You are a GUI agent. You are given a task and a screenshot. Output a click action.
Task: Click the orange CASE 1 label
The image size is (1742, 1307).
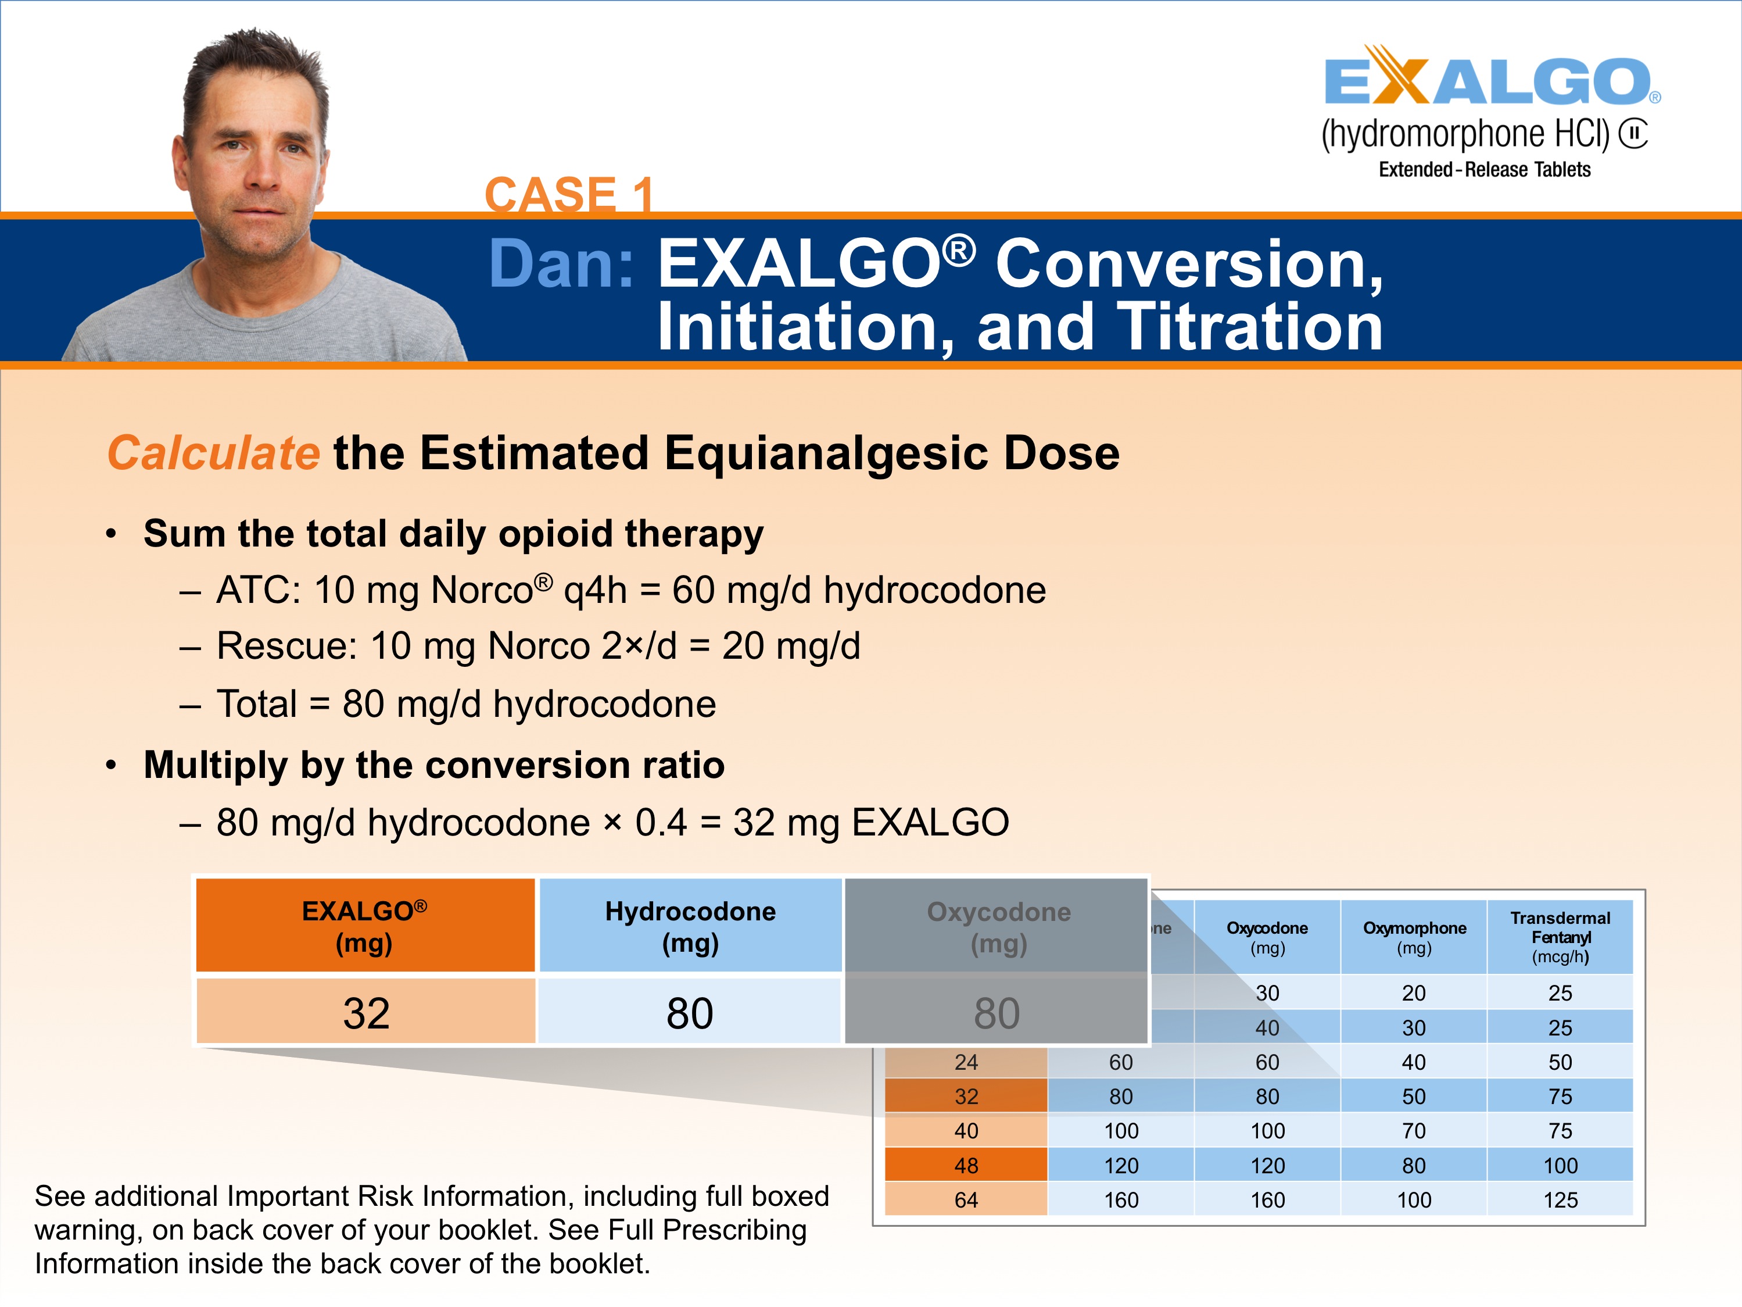click(569, 195)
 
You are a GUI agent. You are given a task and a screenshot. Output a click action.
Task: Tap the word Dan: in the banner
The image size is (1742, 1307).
click(561, 264)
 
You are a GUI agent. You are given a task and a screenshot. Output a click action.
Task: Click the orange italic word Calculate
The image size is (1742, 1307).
click(213, 453)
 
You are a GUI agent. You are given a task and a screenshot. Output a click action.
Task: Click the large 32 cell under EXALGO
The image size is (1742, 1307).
click(366, 1013)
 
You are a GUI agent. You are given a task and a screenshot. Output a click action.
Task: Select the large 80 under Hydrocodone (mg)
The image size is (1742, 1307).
click(690, 1013)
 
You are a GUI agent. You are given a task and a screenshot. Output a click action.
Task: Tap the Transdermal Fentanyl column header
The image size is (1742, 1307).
click(1560, 937)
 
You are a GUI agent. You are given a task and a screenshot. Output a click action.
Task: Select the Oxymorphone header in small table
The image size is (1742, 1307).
click(1414, 937)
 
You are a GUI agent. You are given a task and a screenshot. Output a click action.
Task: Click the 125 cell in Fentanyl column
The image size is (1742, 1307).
click(1560, 1200)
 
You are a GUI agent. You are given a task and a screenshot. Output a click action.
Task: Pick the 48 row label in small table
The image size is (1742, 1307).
click(966, 1165)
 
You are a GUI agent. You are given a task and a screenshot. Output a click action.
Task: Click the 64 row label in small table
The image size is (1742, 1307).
click(966, 1200)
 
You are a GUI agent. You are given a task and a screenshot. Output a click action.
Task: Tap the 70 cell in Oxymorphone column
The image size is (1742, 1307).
click(1414, 1130)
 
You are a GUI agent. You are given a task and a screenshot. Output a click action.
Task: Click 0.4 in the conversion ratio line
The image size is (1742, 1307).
click(661, 823)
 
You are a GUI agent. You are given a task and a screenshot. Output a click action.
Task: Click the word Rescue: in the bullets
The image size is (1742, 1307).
click(286, 646)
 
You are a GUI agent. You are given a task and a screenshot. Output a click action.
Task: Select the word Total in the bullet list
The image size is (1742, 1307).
click(257, 704)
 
